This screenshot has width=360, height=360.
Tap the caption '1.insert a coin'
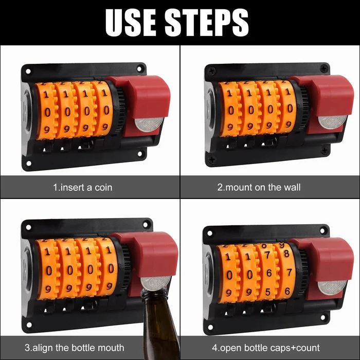click(83, 188)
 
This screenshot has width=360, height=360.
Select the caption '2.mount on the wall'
click(259, 187)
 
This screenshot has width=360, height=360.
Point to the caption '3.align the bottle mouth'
click(75, 348)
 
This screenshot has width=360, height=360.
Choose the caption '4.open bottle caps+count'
click(266, 348)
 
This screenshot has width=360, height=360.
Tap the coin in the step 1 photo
click(149, 124)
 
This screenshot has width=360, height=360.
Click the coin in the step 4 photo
click(332, 287)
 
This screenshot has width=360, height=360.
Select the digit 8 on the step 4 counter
click(286, 254)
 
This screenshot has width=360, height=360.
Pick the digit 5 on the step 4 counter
click(268, 292)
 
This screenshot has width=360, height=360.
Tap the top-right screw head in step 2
click(324, 68)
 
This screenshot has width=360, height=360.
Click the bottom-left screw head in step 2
click(212, 159)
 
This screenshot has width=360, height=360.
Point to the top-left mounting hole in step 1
click(28, 71)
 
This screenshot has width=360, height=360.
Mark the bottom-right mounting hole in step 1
click(140, 153)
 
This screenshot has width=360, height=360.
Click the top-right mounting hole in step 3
click(145, 224)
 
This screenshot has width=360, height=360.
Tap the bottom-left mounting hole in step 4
click(210, 327)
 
